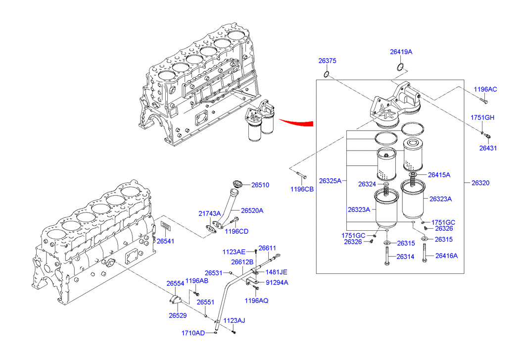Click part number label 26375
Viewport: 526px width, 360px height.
click(327, 61)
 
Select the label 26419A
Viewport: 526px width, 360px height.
click(401, 51)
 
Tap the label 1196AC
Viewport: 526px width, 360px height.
click(485, 89)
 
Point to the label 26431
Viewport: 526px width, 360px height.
click(488, 148)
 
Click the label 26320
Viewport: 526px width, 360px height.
click(480, 183)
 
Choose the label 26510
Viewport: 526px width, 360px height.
click(260, 185)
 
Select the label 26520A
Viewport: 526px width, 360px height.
click(252, 210)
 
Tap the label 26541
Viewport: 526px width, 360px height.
click(165, 241)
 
